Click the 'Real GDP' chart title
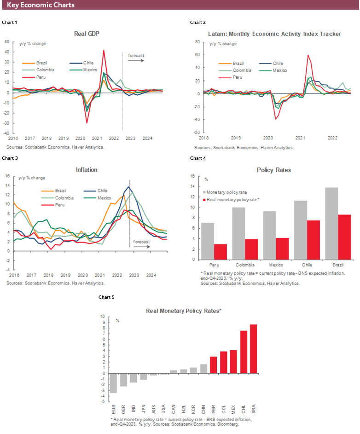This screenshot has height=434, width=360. (x=87, y=34)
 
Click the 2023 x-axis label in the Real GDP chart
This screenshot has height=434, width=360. (x=130, y=138)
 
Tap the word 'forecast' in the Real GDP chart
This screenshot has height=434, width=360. (x=136, y=56)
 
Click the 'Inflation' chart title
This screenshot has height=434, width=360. (x=87, y=170)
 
